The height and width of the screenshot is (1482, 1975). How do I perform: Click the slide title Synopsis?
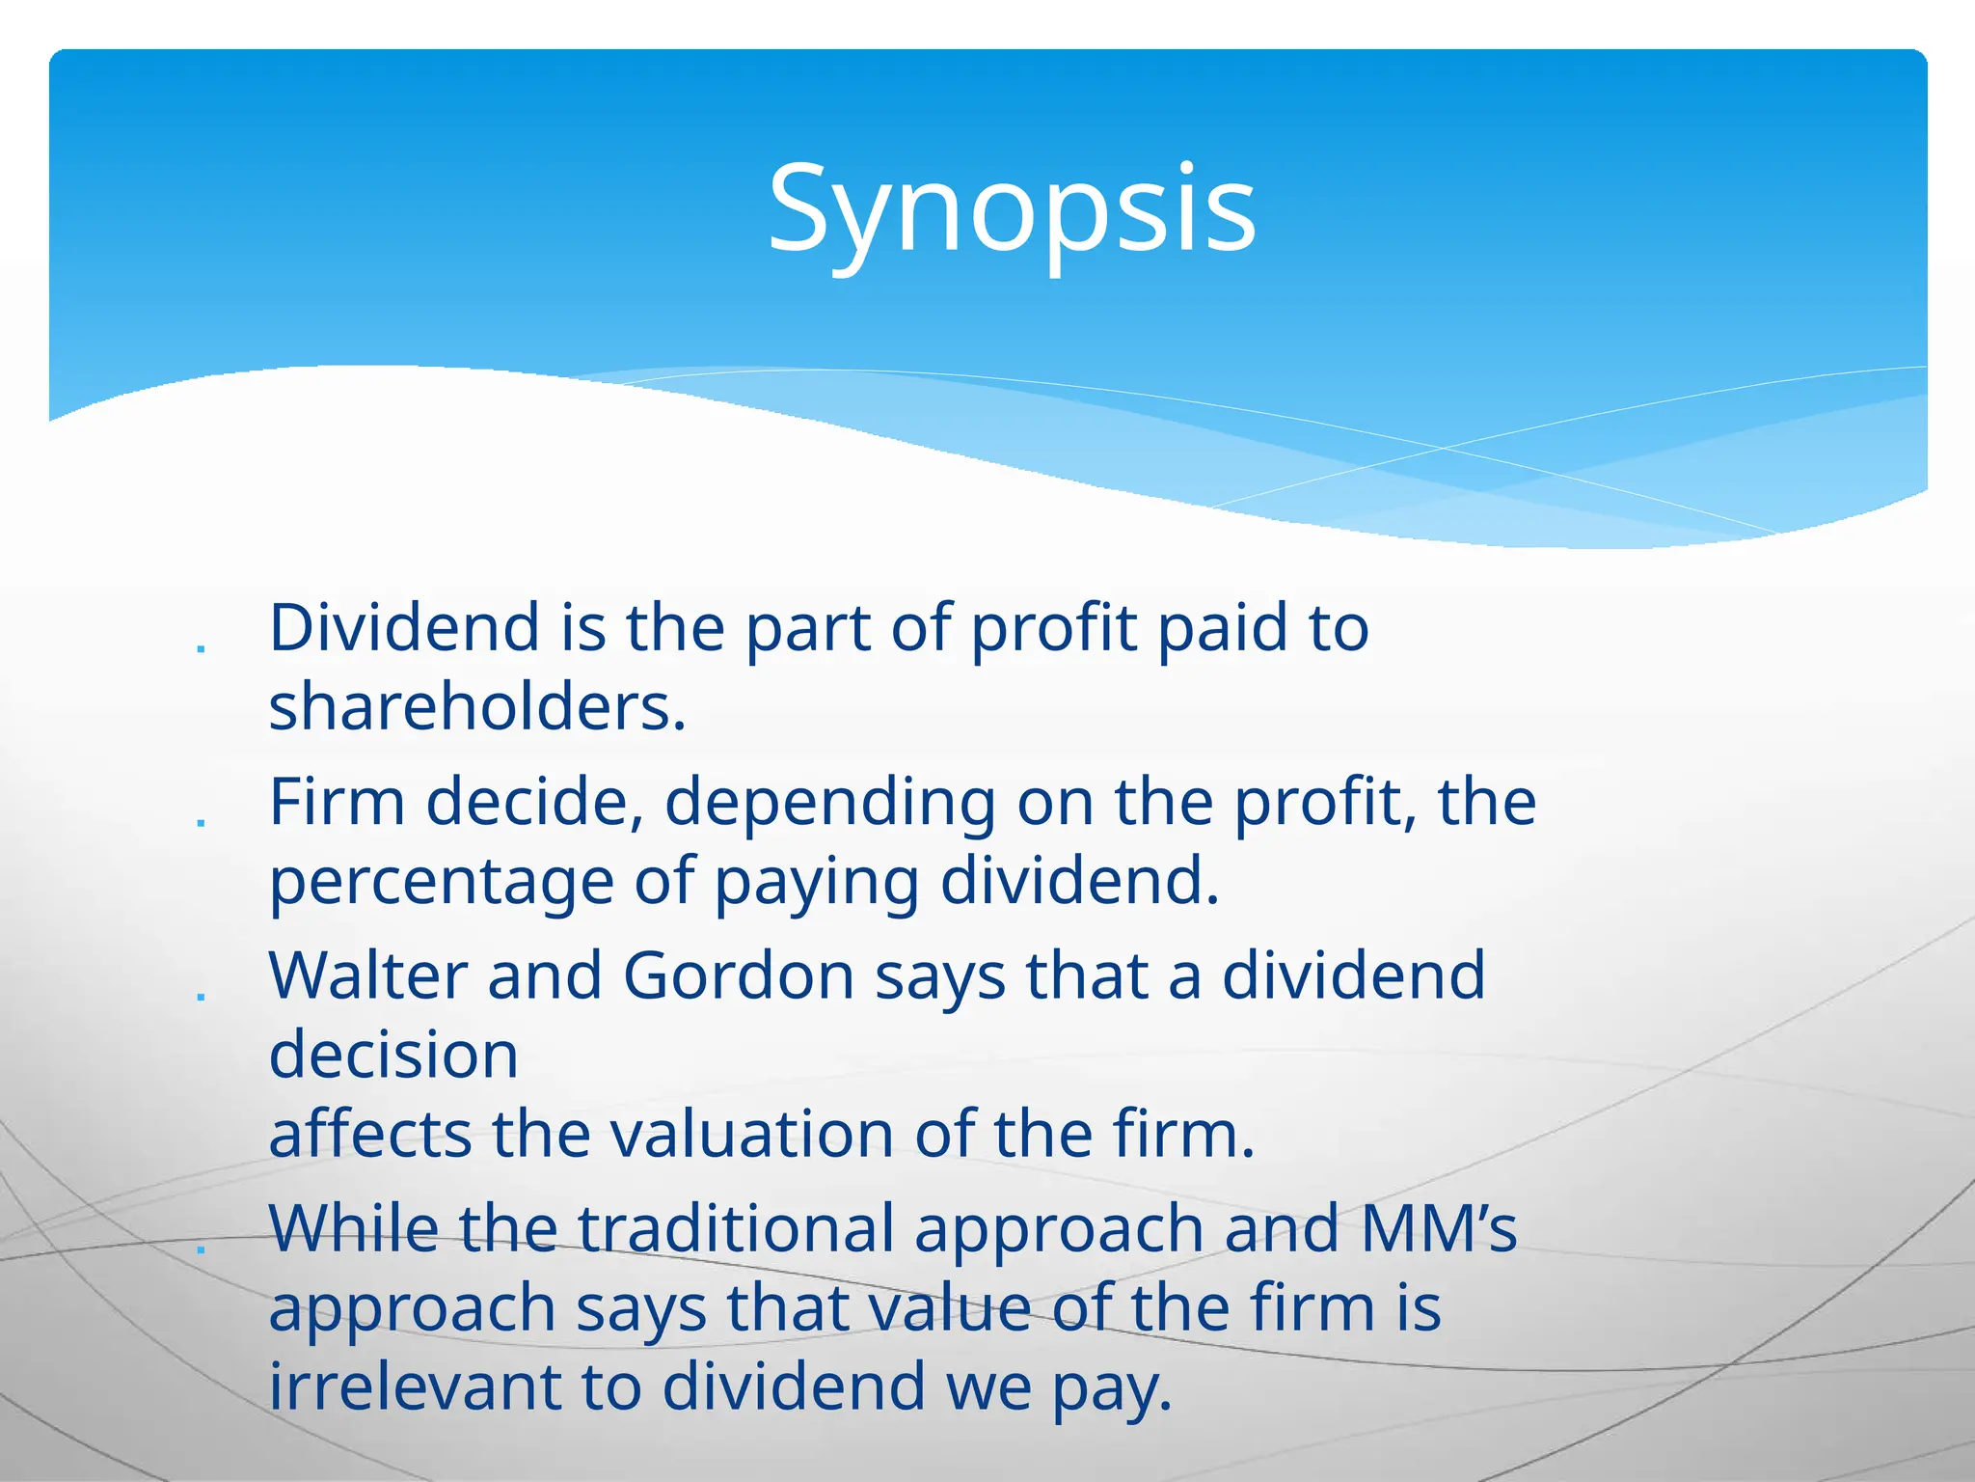tap(1011, 210)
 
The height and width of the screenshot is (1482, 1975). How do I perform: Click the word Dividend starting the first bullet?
tap(403, 628)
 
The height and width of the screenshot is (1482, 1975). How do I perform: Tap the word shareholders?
tap(476, 707)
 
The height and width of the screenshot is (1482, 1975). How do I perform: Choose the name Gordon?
tap(739, 975)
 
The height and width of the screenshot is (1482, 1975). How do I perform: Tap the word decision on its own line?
tap(393, 1055)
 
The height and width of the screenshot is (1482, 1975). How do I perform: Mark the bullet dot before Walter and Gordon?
tap(201, 996)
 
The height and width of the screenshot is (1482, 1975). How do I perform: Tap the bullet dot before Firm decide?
tap(201, 822)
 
